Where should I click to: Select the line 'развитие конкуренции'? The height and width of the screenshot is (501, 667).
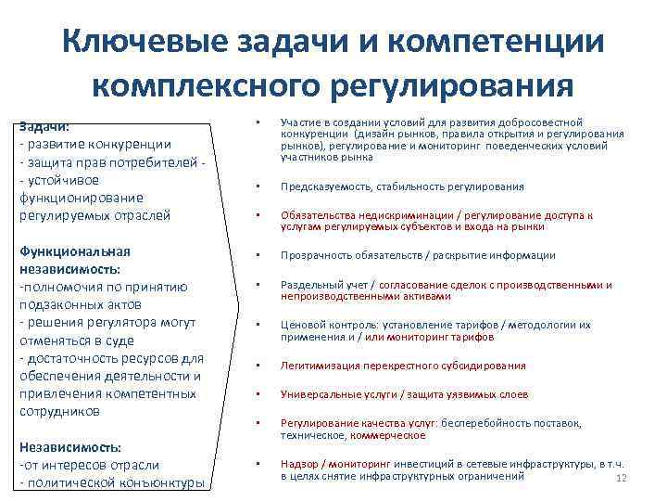[97, 144]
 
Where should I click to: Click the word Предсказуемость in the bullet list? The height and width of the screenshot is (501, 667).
[323, 186]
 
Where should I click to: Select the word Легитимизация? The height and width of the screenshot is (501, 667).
[318, 365]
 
